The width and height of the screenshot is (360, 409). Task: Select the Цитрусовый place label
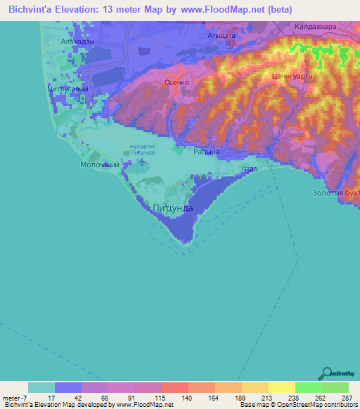point(67,90)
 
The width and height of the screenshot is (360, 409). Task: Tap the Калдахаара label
point(315,27)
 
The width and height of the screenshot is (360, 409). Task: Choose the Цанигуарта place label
point(291,76)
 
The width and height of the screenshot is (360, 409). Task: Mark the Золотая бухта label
point(336,192)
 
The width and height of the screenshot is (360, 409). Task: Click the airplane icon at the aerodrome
point(143,162)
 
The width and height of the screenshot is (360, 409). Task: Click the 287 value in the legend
point(347,397)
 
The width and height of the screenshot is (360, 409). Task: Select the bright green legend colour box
point(308,387)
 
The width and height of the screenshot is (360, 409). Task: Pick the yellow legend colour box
point(281,387)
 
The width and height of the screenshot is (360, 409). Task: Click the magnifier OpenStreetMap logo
point(326,373)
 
